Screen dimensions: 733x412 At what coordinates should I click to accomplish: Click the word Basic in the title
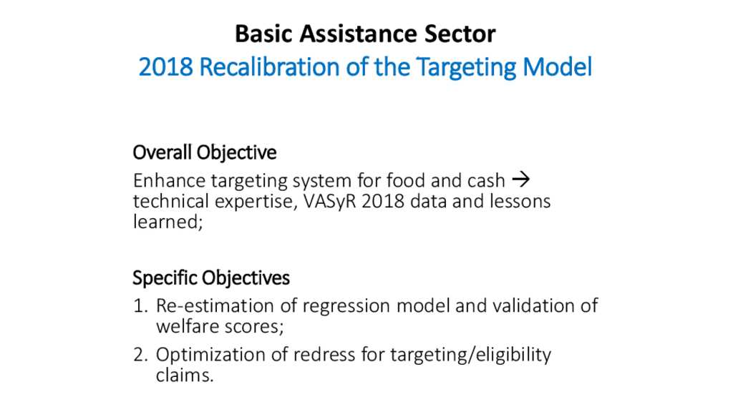point(264,34)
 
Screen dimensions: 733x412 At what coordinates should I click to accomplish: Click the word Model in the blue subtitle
point(557,67)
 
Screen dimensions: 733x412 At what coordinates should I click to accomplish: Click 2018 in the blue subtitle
point(166,67)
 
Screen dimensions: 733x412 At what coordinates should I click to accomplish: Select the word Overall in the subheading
point(162,152)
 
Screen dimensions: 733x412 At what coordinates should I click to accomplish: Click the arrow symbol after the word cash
point(521,179)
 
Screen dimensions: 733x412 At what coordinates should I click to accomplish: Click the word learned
point(166,222)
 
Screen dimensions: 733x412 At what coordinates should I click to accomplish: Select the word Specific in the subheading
point(163,278)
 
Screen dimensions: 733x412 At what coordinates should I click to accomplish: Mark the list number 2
point(140,355)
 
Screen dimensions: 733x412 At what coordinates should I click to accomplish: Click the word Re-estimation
point(215,305)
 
